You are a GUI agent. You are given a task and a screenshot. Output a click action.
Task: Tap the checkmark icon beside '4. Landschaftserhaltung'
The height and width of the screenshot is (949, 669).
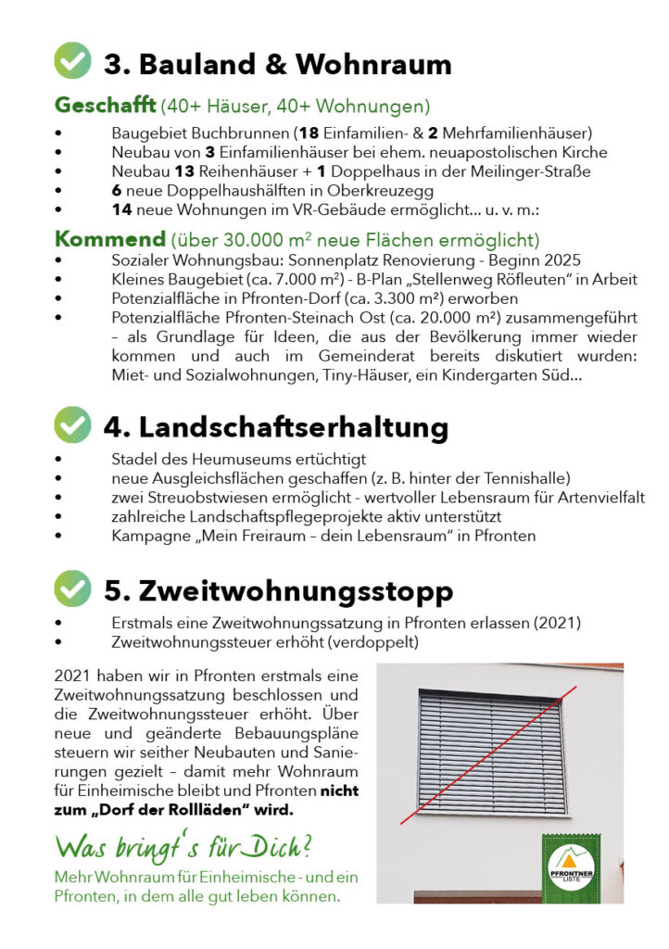pos(73,424)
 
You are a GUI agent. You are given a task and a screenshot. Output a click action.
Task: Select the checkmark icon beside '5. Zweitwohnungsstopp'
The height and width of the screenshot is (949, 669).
pos(73,588)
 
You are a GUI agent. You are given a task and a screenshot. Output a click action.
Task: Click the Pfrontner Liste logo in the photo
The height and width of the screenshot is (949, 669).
pos(571,867)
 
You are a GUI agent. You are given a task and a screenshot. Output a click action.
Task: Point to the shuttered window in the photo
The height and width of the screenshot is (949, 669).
pos(490,753)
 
